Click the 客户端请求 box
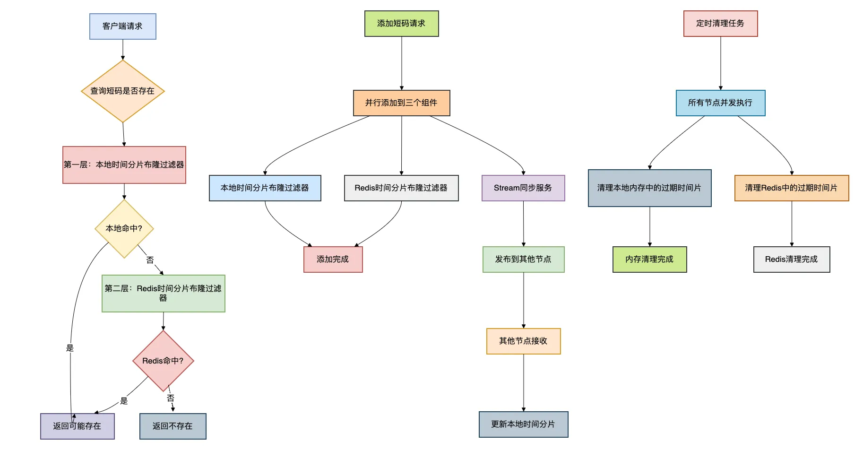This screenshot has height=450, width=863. tap(123, 26)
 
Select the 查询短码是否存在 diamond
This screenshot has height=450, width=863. tap(123, 91)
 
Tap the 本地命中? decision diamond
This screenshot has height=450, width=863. tap(124, 229)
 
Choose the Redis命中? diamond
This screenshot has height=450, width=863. tap(163, 361)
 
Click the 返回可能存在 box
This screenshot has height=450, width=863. tap(78, 426)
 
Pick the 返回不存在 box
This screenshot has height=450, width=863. tap(173, 426)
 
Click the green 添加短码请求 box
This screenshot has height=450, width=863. tap(401, 24)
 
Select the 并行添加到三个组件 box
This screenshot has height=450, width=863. tap(401, 103)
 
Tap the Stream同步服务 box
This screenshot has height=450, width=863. tap(523, 188)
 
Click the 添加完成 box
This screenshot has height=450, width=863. tap(333, 260)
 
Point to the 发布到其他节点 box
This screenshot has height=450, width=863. tap(523, 260)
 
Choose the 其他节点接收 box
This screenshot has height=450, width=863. tap(523, 341)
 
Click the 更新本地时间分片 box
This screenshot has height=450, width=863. tap(523, 424)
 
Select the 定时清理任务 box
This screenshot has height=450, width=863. tap(720, 24)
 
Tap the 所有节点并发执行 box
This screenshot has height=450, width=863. tap(720, 103)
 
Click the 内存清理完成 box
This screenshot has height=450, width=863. tap(649, 260)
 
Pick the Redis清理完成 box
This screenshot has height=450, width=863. tap(792, 260)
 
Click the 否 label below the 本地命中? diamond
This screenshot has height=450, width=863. tap(150, 260)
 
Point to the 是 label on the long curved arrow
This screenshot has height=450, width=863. tap(70, 348)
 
